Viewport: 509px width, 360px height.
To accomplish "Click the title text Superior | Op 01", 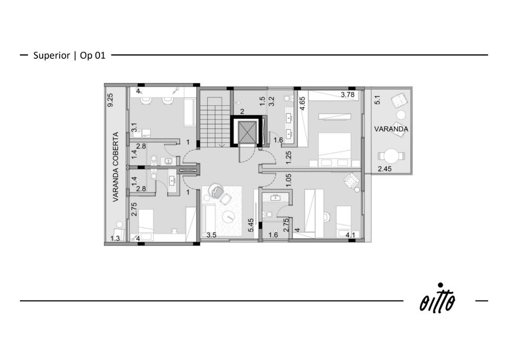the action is coord(70,56).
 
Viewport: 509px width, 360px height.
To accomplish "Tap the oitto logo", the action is coord(437,298).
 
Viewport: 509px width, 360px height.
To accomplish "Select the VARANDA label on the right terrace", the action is coord(391,129).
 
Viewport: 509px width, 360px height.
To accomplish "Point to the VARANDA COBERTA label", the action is coord(115,167).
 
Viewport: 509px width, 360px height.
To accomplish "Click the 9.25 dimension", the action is coord(110,100).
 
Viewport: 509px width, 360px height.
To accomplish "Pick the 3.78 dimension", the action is coord(347,95).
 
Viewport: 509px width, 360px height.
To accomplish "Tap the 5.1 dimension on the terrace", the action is coord(377,99).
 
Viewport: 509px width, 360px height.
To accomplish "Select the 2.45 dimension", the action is coord(385,169).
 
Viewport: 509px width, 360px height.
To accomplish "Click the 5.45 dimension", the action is coord(251,225).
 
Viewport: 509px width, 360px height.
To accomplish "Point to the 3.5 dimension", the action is coord(211,235).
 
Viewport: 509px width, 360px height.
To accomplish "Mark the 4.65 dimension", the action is coord(302,104).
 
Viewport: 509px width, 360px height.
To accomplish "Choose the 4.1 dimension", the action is coord(350,235).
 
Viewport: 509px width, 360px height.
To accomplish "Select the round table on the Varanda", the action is coord(391,156).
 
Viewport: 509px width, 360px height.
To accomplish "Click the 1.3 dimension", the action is coord(115,238).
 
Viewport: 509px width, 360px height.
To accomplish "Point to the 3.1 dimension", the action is coord(134,127).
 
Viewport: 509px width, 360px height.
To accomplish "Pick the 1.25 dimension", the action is coord(289,158).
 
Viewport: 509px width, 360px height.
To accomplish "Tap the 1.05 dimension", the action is coord(289,180).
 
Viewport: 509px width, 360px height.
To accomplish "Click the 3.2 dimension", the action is coord(272,101).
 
